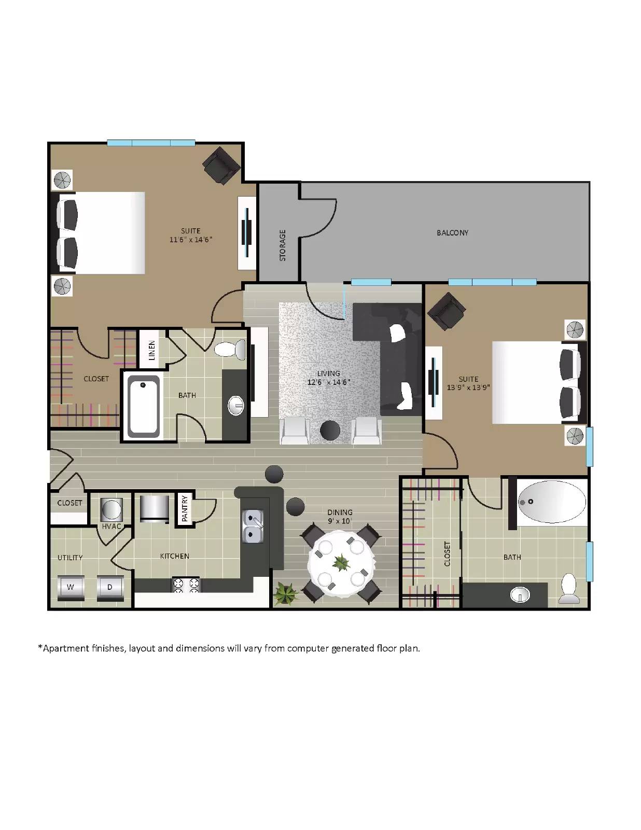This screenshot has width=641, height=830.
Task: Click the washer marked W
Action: (71, 587)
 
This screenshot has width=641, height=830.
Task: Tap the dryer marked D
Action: (110, 587)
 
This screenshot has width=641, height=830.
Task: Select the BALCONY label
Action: (452, 233)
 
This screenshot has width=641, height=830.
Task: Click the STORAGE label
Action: (283, 245)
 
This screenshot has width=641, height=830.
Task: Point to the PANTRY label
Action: (185, 509)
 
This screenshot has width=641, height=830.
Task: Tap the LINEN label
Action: (152, 350)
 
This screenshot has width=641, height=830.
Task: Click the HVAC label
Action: (112, 526)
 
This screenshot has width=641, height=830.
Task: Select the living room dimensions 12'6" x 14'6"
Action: (329, 382)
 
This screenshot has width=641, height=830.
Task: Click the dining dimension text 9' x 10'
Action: (340, 521)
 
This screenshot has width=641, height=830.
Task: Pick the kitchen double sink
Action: (253, 526)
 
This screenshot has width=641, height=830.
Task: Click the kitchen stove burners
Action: (186, 585)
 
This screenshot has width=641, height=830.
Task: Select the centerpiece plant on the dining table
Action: (341, 562)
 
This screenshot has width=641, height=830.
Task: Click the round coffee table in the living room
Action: (330, 430)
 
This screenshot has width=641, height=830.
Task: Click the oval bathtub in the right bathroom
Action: (552, 502)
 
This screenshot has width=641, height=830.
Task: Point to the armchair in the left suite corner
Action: (221, 165)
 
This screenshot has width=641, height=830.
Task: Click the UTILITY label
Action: (70, 558)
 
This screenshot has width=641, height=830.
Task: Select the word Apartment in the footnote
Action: (65, 648)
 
